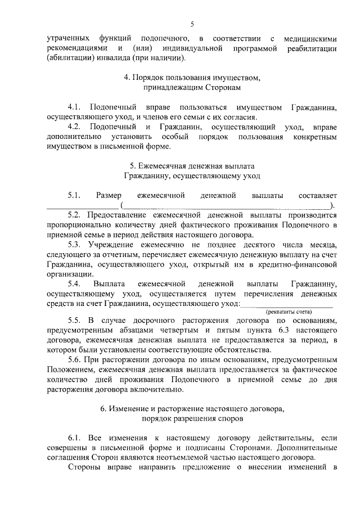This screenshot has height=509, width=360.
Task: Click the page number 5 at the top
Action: coord(191,24)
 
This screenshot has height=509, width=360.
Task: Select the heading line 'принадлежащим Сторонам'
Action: coord(191,89)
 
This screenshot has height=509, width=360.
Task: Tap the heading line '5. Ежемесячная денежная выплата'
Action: coord(191,166)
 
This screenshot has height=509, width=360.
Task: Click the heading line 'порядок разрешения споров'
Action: coord(191,418)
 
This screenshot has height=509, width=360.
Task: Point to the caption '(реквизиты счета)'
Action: coord(289,312)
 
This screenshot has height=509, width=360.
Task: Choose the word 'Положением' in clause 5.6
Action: coord(69,370)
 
